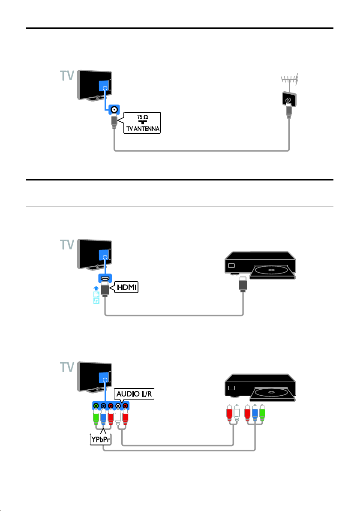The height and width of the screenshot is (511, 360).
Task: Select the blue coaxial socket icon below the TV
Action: [114, 110]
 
